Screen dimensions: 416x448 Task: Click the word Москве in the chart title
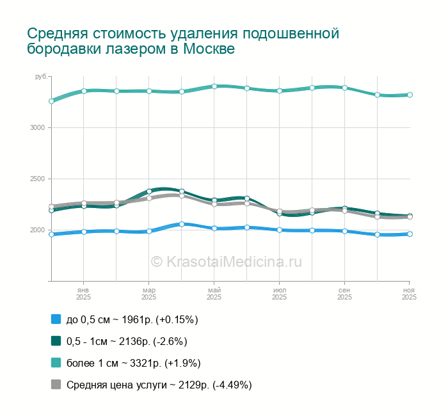pyautogui.click(x=209, y=49)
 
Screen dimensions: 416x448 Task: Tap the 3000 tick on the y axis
pyautogui.click(x=36, y=128)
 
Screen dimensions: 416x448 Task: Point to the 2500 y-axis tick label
pyautogui.click(x=36, y=179)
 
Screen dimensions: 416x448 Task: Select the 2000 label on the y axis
pyautogui.click(x=36, y=230)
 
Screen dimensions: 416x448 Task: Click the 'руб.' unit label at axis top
pyautogui.click(x=41, y=77)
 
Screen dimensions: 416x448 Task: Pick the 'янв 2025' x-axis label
pyautogui.click(x=84, y=294)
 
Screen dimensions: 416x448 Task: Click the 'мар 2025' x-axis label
pyautogui.click(x=149, y=294)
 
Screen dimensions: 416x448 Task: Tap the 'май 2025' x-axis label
pyautogui.click(x=214, y=294)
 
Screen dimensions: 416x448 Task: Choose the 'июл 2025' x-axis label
pyautogui.click(x=280, y=294)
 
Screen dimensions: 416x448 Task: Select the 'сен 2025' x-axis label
pyautogui.click(x=345, y=294)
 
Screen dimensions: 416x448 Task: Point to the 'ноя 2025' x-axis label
pyautogui.click(x=409, y=294)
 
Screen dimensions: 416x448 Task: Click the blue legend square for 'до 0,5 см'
pyautogui.click(x=56, y=319)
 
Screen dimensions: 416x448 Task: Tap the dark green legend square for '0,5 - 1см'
pyautogui.click(x=56, y=341)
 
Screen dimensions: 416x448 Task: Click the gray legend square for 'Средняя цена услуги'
pyautogui.click(x=56, y=385)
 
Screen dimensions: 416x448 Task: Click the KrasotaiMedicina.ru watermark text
pyautogui.click(x=226, y=261)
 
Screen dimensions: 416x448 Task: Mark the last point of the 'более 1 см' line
pyautogui.click(x=410, y=95)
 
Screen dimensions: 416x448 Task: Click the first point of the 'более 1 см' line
pyautogui.click(x=51, y=101)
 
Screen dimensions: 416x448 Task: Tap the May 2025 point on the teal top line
pyautogui.click(x=214, y=86)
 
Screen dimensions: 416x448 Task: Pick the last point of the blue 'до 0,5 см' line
pyautogui.click(x=410, y=234)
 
